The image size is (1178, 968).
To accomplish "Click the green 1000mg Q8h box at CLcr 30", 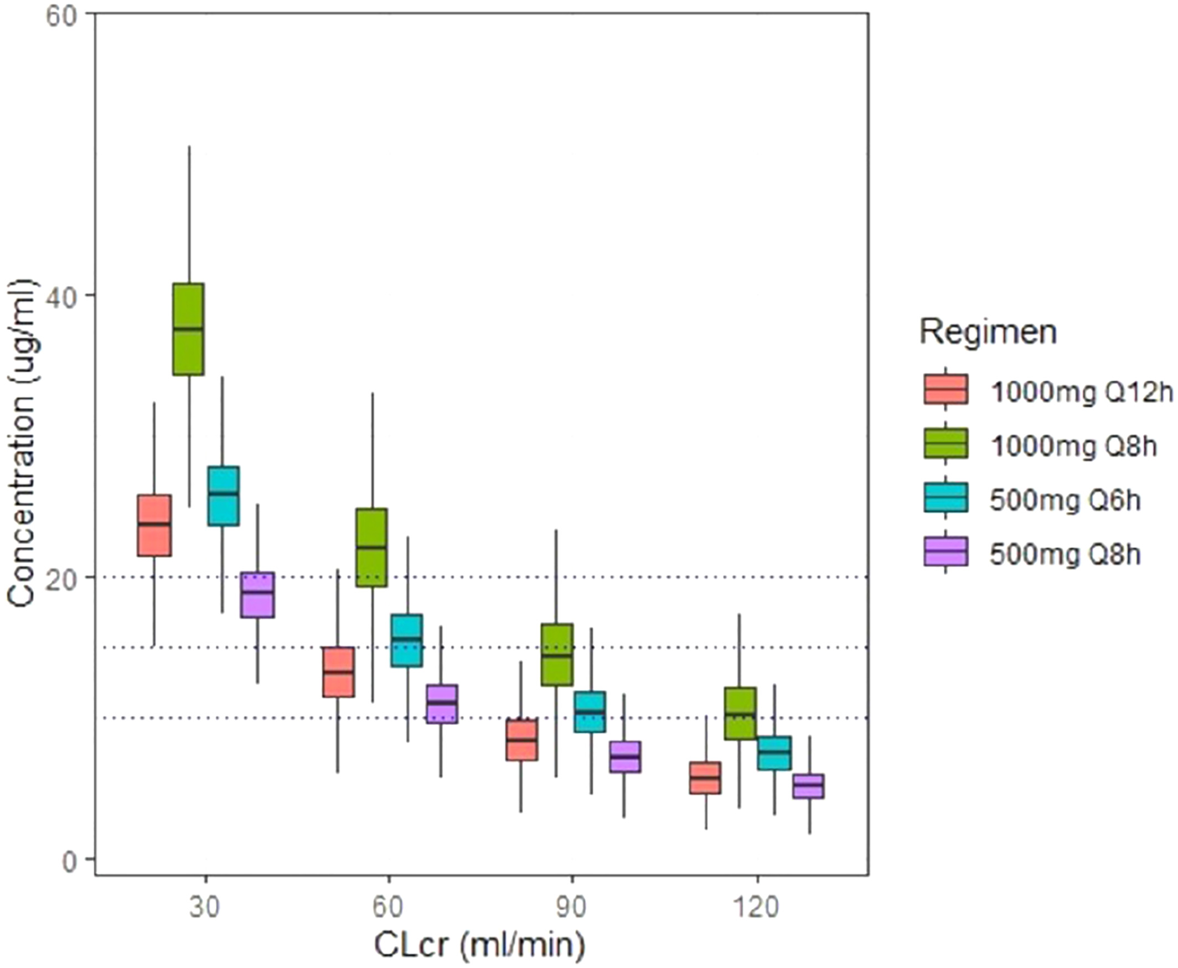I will [188, 329].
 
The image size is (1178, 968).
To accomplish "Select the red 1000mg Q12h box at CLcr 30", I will [154, 525].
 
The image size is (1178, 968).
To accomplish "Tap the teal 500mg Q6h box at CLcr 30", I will [223, 496].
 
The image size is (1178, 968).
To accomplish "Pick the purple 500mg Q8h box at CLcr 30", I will [257, 595].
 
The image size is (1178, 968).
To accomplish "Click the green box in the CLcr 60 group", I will [372, 548].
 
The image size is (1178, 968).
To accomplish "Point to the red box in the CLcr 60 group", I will [338, 672].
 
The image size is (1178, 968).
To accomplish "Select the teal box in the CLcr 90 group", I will [590, 712].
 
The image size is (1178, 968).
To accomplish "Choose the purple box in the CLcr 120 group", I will [809, 786].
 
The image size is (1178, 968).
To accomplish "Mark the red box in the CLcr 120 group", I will [705, 777].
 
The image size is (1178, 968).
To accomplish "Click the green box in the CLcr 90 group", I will [557, 654].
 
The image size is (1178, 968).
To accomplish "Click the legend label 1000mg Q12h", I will [1082, 393].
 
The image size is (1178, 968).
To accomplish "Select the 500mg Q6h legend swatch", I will [945, 497].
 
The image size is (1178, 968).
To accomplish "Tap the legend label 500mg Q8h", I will [1065, 554].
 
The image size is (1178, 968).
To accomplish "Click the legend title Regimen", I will [988, 332].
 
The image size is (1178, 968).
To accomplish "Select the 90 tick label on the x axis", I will [571, 908].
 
